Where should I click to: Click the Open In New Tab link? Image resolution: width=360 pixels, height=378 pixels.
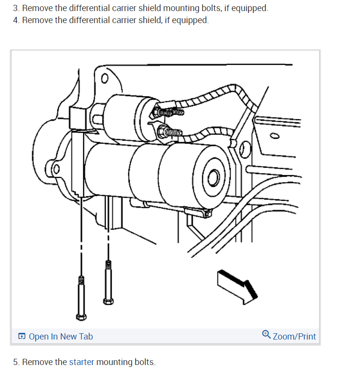(x=61, y=337)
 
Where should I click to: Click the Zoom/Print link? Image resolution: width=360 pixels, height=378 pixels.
(x=294, y=336)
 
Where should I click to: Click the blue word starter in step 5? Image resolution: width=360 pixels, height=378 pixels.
(x=81, y=362)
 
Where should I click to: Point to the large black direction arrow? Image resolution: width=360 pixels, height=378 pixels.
(x=237, y=286)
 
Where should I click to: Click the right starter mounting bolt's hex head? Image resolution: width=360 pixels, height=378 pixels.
(x=109, y=301)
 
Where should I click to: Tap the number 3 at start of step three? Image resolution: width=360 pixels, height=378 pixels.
(x=15, y=8)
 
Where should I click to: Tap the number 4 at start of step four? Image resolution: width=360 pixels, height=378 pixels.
(x=15, y=20)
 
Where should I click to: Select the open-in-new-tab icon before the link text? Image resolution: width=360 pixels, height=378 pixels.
(x=22, y=337)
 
